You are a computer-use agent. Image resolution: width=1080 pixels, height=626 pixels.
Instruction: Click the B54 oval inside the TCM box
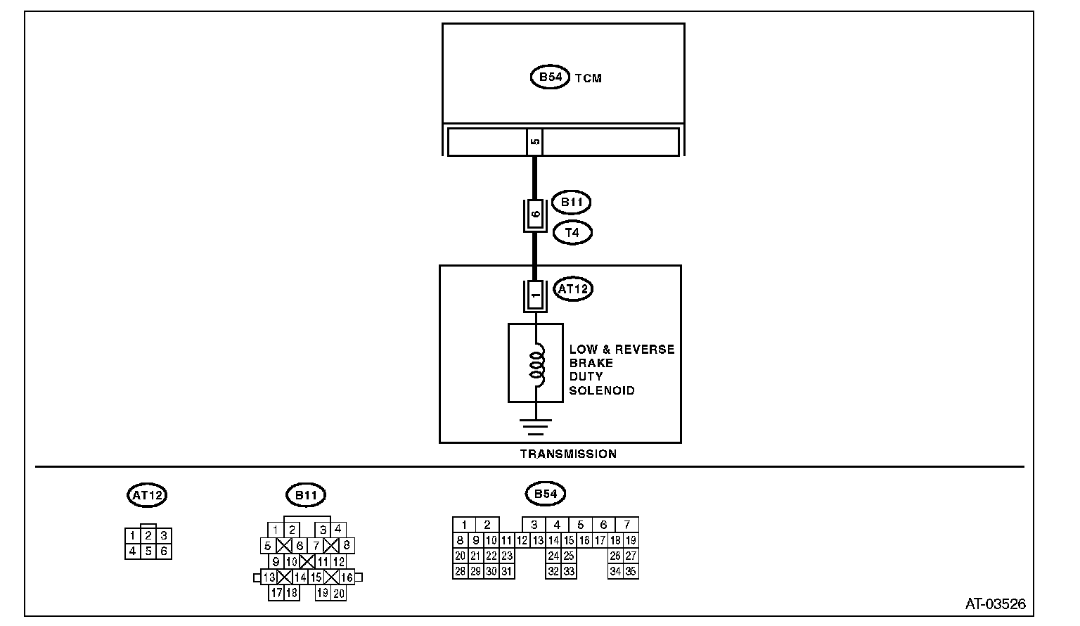tap(549, 77)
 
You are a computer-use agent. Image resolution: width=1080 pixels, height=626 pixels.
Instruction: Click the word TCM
tap(589, 78)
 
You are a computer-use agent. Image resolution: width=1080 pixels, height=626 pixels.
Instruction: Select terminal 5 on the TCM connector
tap(534, 141)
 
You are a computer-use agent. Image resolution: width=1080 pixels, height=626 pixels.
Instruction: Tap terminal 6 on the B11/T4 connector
tap(535, 215)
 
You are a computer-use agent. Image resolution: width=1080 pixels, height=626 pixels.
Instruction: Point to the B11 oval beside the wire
tap(571, 203)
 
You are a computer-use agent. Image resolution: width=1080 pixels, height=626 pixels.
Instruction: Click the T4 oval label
tap(572, 232)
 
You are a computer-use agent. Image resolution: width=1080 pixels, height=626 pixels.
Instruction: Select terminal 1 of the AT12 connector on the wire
tap(535, 295)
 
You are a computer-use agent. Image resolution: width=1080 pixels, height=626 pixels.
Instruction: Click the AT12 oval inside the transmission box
tap(573, 288)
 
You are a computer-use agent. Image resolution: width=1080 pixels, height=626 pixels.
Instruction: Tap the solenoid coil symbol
tap(536, 364)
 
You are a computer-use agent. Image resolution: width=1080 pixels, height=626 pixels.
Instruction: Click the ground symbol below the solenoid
tap(536, 426)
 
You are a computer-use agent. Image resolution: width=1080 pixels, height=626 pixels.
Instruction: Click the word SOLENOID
tap(601, 390)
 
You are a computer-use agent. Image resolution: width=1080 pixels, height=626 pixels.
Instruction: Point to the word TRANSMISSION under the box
tap(568, 454)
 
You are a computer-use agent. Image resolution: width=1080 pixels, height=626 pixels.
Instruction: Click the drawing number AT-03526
tap(995, 603)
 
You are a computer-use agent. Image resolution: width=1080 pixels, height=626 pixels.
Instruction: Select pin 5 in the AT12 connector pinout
tap(148, 551)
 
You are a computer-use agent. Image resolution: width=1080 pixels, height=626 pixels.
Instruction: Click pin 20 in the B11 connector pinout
tap(339, 593)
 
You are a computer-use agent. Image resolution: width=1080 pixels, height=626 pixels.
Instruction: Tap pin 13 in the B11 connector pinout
tap(269, 577)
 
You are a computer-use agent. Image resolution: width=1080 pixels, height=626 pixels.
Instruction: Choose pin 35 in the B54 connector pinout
tap(631, 571)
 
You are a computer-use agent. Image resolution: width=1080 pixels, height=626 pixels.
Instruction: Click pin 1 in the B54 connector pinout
tap(464, 525)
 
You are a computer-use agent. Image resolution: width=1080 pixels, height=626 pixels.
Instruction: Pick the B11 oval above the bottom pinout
tap(306, 495)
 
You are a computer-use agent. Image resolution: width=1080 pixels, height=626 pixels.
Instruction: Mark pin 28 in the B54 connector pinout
tap(460, 571)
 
